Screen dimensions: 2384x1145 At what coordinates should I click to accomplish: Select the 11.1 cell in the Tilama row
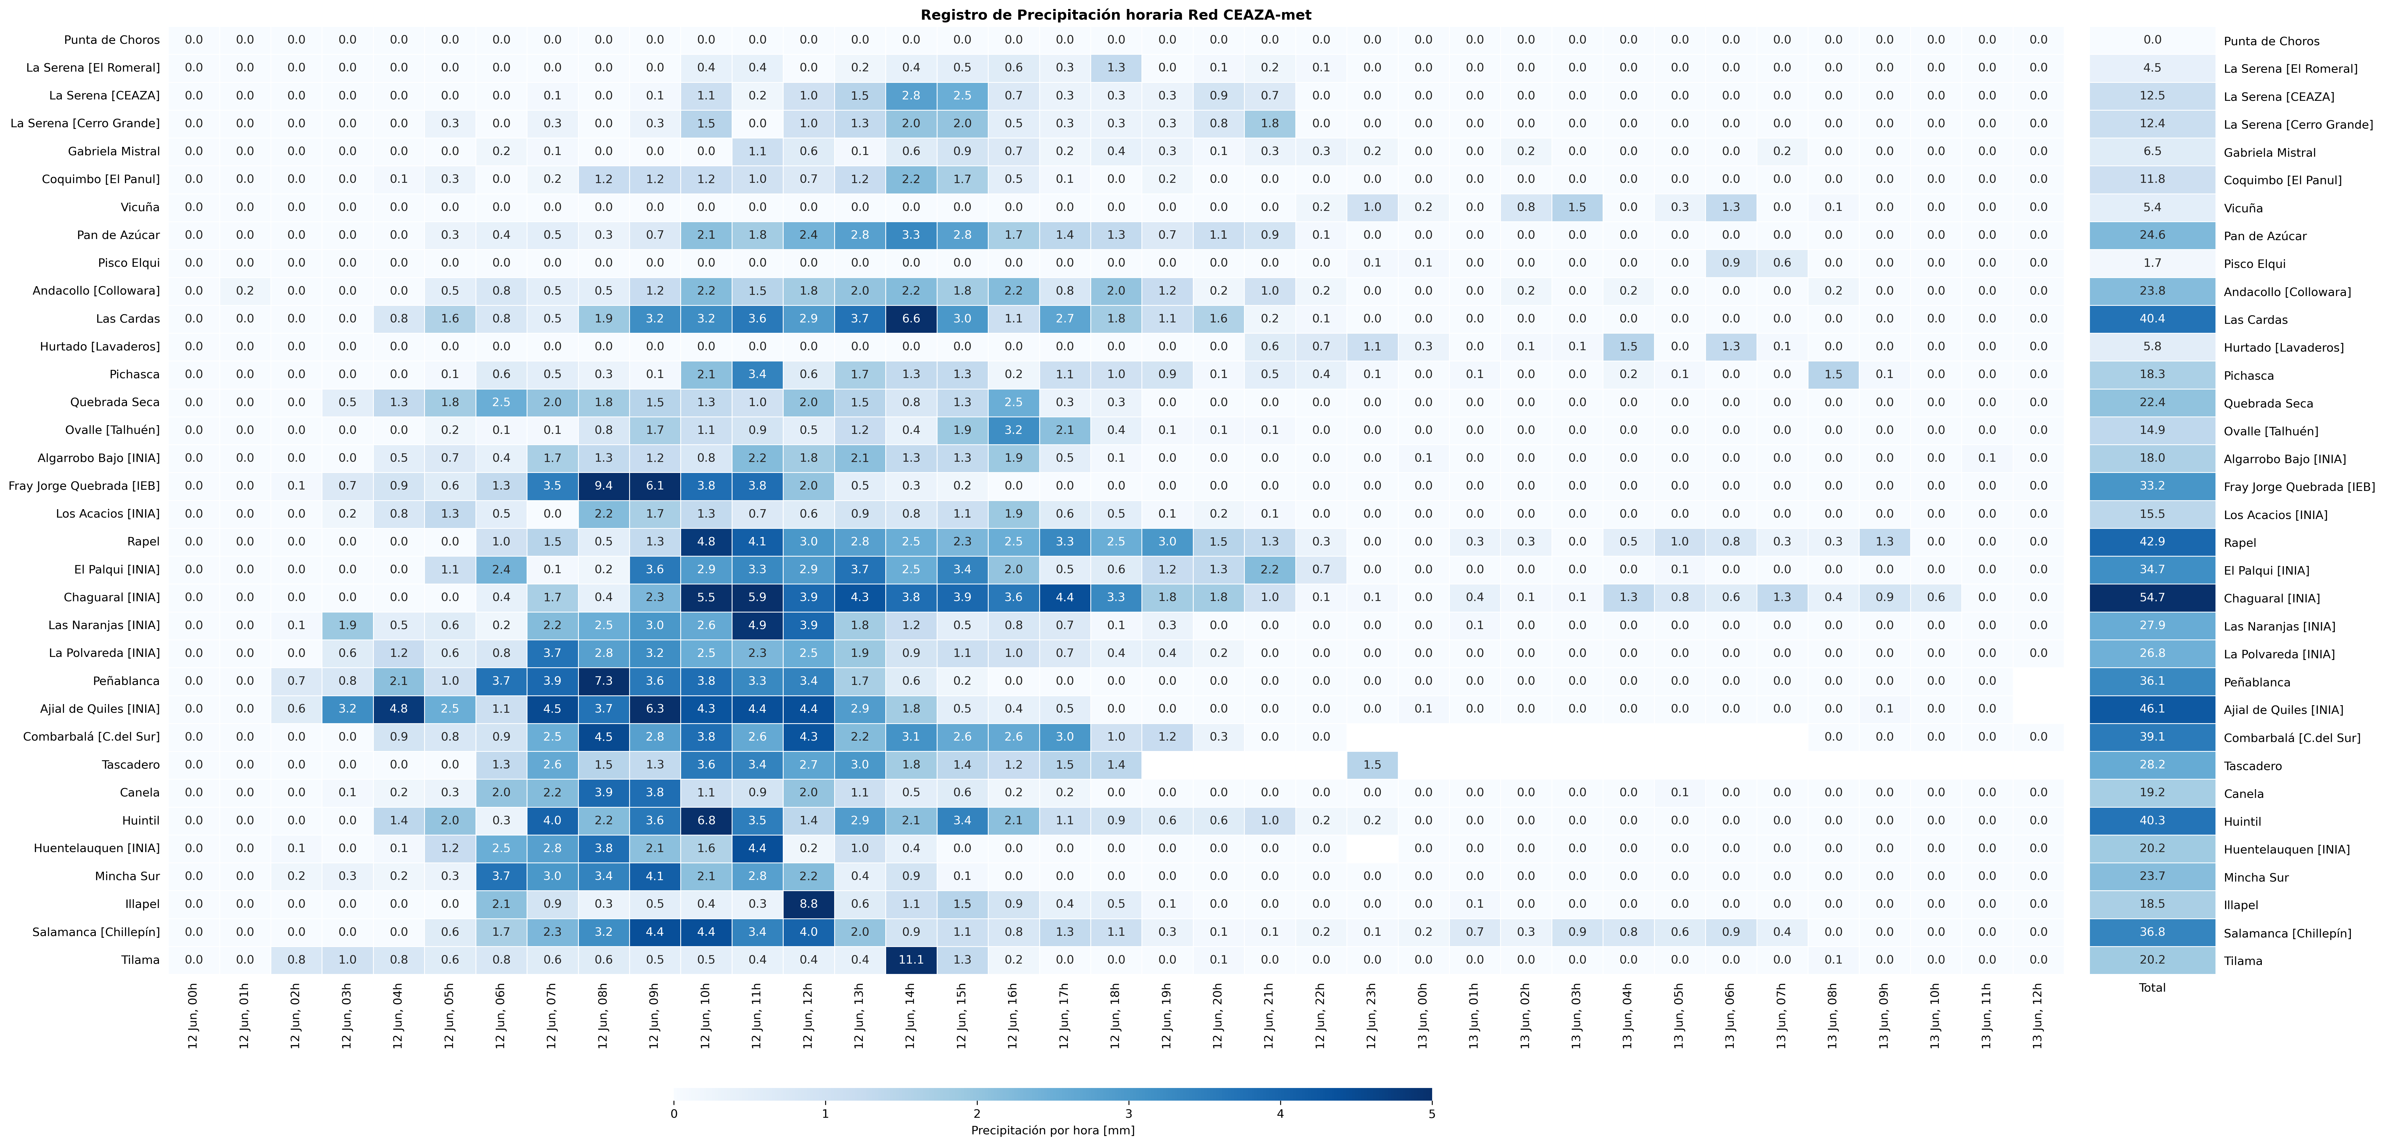[911, 960]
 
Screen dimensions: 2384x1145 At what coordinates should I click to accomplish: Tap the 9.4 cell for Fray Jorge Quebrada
[603, 486]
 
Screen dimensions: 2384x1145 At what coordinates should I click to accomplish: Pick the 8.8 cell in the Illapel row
[808, 904]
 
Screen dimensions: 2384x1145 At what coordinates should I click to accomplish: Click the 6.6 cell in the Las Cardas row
[911, 318]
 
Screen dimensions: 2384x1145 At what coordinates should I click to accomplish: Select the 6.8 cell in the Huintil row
[706, 820]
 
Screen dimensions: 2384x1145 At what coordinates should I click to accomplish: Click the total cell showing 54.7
[2153, 597]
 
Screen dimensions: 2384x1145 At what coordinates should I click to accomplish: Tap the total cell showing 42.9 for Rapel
[2153, 541]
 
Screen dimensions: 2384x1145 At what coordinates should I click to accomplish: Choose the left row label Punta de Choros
[112, 40]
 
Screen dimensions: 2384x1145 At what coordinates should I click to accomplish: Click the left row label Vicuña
[140, 207]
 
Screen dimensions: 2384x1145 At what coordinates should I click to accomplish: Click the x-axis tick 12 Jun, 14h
[911, 1016]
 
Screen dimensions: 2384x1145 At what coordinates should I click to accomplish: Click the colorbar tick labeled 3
[1128, 1114]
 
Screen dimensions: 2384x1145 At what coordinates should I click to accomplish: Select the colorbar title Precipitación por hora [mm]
[1052, 1130]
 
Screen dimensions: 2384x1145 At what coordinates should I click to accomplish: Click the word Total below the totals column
[2153, 988]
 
